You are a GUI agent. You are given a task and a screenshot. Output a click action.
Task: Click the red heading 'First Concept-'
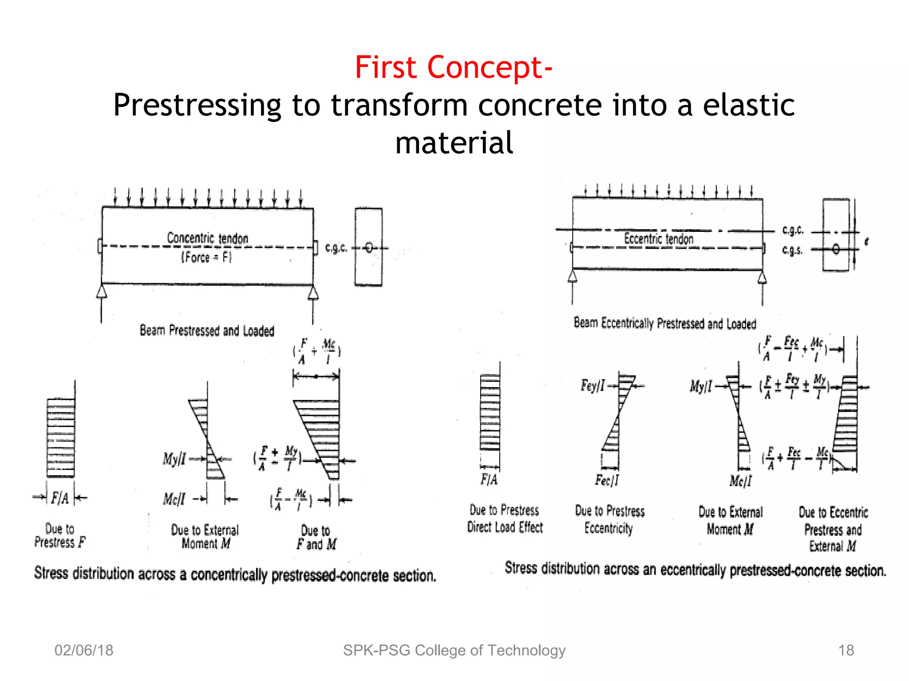454,67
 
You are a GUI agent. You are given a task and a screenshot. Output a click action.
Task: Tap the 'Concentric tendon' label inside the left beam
207,238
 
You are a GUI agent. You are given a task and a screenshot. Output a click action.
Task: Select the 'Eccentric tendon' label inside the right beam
659,239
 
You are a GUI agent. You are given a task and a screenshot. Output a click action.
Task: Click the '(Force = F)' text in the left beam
206,257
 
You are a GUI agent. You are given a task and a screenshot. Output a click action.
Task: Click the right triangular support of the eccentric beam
762,278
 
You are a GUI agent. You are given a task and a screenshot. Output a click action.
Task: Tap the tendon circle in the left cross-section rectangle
369,247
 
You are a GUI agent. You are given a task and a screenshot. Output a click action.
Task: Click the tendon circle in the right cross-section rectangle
836,249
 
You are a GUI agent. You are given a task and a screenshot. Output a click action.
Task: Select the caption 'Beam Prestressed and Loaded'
207,331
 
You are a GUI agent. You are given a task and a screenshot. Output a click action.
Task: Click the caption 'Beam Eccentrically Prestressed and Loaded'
665,323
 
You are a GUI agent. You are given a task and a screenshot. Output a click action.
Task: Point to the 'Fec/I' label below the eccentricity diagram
607,480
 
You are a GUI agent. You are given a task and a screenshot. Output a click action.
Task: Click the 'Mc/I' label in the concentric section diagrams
174,499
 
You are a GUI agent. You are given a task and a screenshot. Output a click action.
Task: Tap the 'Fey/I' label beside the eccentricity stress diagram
593,386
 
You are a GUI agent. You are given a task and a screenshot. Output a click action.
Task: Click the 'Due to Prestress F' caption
60,536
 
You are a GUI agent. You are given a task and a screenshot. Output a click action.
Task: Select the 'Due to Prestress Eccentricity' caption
609,519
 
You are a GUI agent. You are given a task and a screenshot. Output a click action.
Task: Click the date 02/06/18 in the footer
84,650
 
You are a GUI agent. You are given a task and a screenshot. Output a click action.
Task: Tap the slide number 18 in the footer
846,650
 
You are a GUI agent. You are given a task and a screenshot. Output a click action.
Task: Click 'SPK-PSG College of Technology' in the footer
454,650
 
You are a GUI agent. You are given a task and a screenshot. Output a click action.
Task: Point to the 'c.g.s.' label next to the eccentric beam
792,250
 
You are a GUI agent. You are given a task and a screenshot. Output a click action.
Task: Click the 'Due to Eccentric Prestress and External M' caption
833,529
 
